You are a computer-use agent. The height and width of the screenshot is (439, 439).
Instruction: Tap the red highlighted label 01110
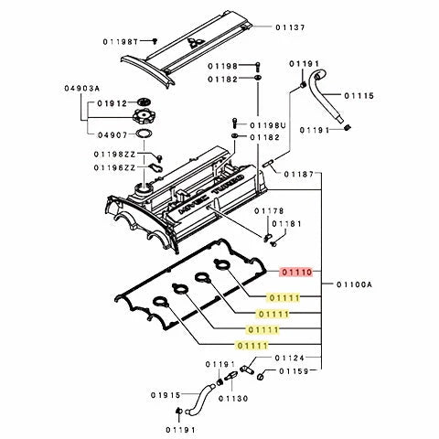point(297,272)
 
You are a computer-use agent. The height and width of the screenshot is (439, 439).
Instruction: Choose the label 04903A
point(57,89)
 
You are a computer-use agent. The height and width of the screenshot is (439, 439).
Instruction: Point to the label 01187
point(298,174)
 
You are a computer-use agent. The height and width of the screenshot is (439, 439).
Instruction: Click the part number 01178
point(269,210)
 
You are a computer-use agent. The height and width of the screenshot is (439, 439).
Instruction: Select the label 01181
point(285,224)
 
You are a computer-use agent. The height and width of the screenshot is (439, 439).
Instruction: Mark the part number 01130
point(232,400)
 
